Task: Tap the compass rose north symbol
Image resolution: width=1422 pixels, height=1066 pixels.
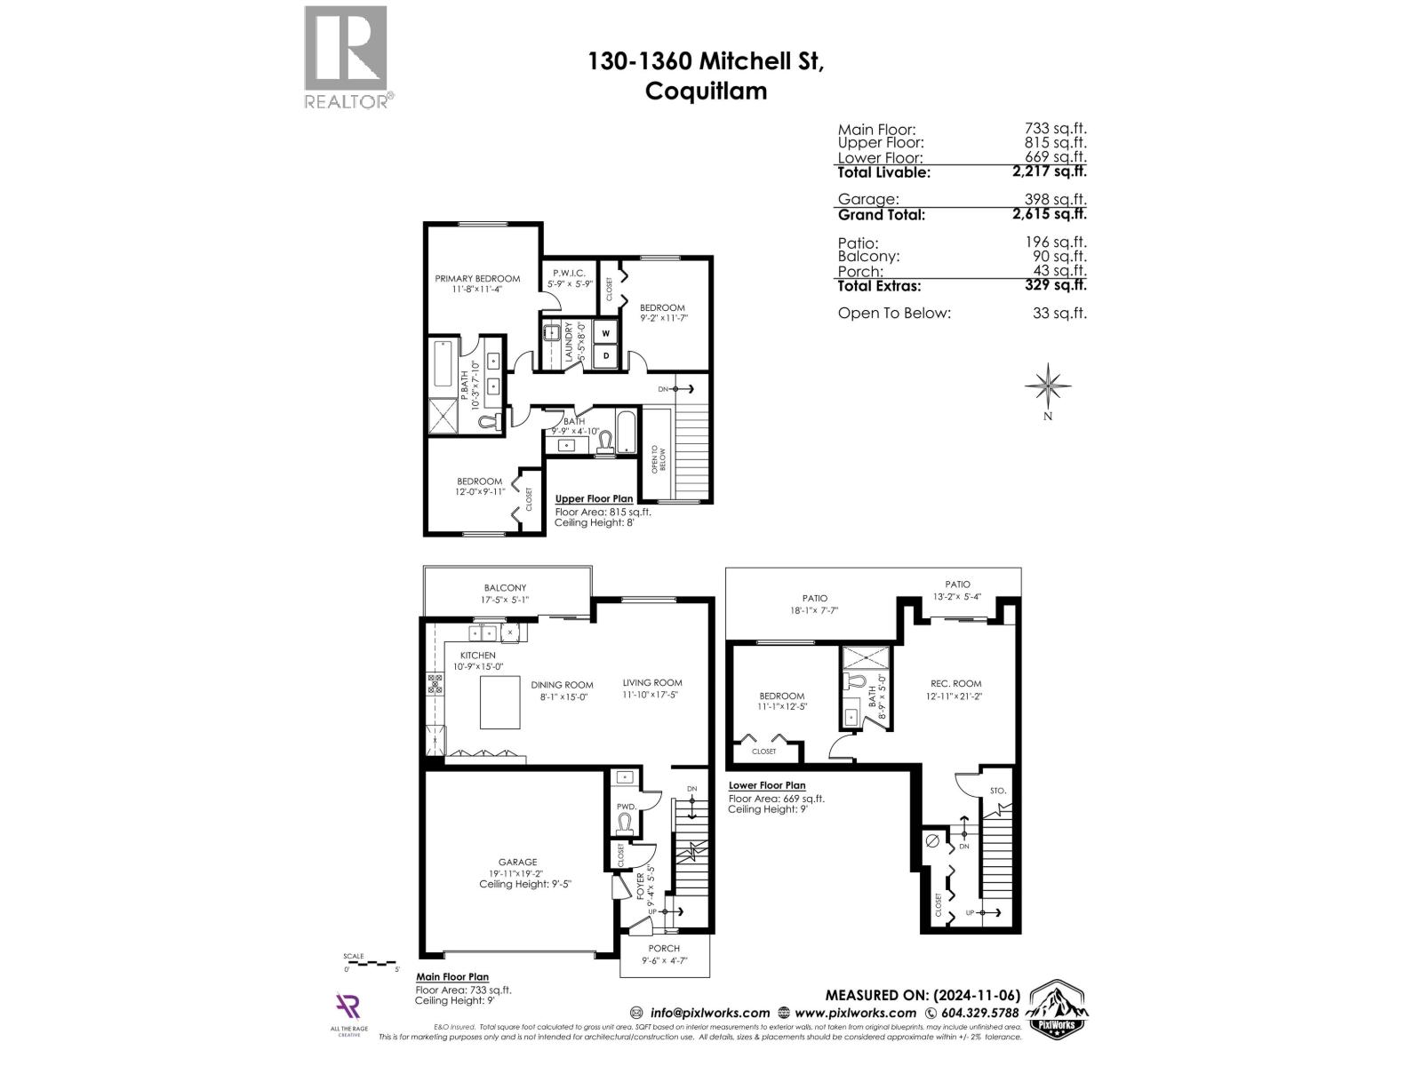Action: point(1048,386)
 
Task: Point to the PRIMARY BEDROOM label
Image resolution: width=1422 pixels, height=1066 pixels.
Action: point(477,279)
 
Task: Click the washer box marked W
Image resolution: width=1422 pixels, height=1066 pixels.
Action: point(606,333)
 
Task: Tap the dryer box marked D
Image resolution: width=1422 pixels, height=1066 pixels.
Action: point(606,355)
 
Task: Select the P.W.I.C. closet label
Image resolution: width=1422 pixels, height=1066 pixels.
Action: point(568,273)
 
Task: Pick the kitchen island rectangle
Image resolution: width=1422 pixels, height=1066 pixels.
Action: point(500,702)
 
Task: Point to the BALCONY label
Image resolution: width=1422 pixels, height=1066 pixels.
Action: point(505,588)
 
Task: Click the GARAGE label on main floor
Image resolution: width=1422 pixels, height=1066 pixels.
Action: point(517,862)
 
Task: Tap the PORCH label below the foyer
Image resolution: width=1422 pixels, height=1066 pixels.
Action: point(664,949)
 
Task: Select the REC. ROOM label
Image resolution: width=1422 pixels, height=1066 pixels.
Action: point(955,684)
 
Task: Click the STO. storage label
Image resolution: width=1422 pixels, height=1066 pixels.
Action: point(997,791)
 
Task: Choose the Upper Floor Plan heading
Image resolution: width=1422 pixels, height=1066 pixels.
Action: point(594,499)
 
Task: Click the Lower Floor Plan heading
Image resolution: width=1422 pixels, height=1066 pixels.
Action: point(767,785)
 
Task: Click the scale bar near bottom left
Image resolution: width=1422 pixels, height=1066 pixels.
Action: point(371,962)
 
